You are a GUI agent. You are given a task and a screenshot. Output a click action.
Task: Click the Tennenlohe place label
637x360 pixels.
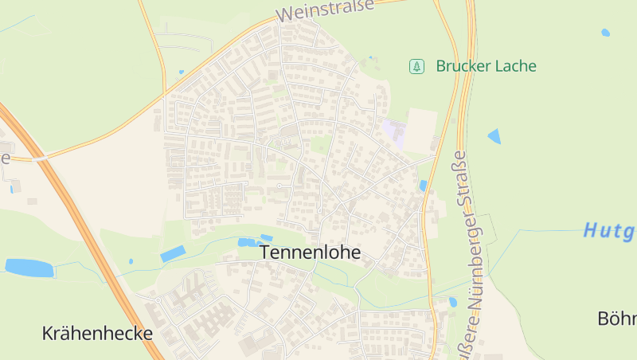click(x=310, y=252)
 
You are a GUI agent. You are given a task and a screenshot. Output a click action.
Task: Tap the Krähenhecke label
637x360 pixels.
click(x=97, y=333)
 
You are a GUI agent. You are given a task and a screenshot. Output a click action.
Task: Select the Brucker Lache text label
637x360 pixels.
click(x=486, y=66)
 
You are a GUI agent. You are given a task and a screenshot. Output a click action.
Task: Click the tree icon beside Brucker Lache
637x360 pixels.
click(x=416, y=66)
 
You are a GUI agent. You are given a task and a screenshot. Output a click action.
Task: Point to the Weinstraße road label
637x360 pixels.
click(x=324, y=10)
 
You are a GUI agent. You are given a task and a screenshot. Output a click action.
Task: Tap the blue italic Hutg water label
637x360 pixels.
click(x=609, y=231)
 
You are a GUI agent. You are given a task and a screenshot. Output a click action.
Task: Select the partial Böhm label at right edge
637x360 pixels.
click(x=617, y=318)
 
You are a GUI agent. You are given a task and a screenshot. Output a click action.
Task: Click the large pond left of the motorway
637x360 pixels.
click(x=29, y=268)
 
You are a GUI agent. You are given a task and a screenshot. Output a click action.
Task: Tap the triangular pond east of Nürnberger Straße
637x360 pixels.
click(x=495, y=136)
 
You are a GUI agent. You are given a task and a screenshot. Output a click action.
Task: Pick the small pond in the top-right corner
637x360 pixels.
click(x=606, y=33)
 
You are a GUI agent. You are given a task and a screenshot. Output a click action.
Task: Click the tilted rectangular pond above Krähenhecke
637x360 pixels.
click(x=173, y=254)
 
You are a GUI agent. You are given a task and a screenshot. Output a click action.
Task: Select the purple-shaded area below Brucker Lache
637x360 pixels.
click(x=393, y=131)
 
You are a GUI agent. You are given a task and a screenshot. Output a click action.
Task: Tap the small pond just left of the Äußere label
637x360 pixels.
click(x=453, y=302)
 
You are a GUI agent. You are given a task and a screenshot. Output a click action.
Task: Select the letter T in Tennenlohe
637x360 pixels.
click(x=265, y=252)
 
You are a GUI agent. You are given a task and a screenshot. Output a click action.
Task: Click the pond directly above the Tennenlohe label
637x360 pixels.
click(x=248, y=241)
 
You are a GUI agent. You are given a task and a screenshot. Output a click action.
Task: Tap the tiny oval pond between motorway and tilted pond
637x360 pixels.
click(x=131, y=260)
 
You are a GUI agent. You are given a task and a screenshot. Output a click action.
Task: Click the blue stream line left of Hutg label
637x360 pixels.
click(x=541, y=230)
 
